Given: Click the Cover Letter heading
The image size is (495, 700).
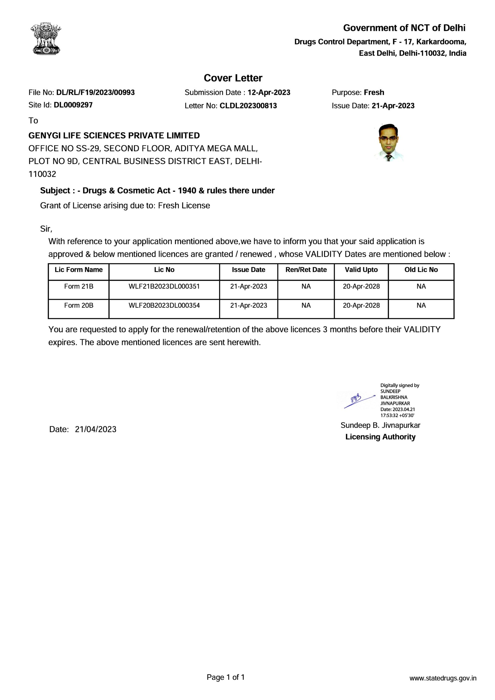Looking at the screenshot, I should (x=233, y=78).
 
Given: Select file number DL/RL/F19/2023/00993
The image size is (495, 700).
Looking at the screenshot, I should (x=95, y=92).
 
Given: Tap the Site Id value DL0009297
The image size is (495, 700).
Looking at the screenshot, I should (x=73, y=105).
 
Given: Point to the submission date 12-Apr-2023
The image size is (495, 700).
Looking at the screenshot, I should (x=269, y=92).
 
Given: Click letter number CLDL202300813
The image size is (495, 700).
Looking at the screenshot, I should (x=248, y=106).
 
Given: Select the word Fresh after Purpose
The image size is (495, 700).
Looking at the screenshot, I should (x=374, y=92).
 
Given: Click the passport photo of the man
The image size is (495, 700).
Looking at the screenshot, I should (x=388, y=142).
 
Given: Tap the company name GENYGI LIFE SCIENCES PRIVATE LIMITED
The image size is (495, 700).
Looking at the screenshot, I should (x=114, y=135).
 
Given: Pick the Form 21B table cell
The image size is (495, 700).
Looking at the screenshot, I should (x=79, y=287).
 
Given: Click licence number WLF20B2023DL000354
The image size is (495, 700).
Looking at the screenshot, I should (x=164, y=305).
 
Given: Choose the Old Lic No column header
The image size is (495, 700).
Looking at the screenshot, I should (x=421, y=270).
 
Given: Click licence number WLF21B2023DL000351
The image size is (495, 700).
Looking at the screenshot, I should (x=164, y=287).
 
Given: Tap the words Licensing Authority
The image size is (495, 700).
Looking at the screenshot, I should (x=380, y=437).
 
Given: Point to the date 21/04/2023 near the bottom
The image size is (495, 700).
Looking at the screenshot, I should (x=95, y=429).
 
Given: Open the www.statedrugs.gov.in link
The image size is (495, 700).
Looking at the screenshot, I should (x=443, y=687).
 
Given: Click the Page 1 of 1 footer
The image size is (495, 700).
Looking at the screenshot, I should (x=226, y=686).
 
